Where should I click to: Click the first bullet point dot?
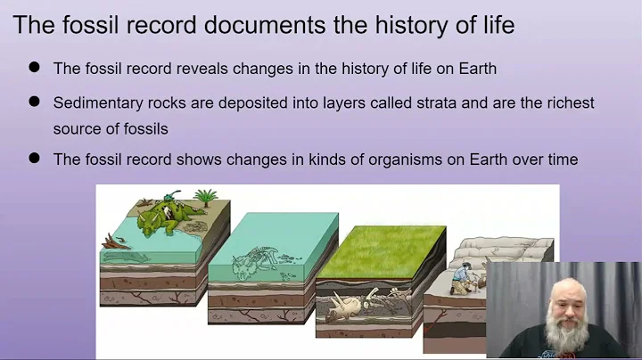click(35, 67)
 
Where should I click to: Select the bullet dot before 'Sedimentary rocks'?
click(35, 102)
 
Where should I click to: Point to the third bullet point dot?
click(35, 159)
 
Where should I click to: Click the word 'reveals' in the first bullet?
click(195, 68)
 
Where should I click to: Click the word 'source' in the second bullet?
click(78, 127)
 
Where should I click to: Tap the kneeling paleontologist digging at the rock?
click(463, 275)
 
